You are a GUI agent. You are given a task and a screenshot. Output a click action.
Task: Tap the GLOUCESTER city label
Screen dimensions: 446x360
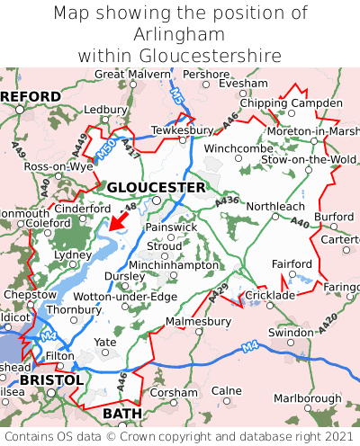(x=156, y=187)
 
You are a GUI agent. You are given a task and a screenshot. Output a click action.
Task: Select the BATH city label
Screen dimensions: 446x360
(x=123, y=413)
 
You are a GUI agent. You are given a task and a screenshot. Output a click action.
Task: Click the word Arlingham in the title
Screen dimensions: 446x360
(x=180, y=33)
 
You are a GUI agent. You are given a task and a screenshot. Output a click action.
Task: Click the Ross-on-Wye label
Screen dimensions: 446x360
(x=58, y=167)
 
